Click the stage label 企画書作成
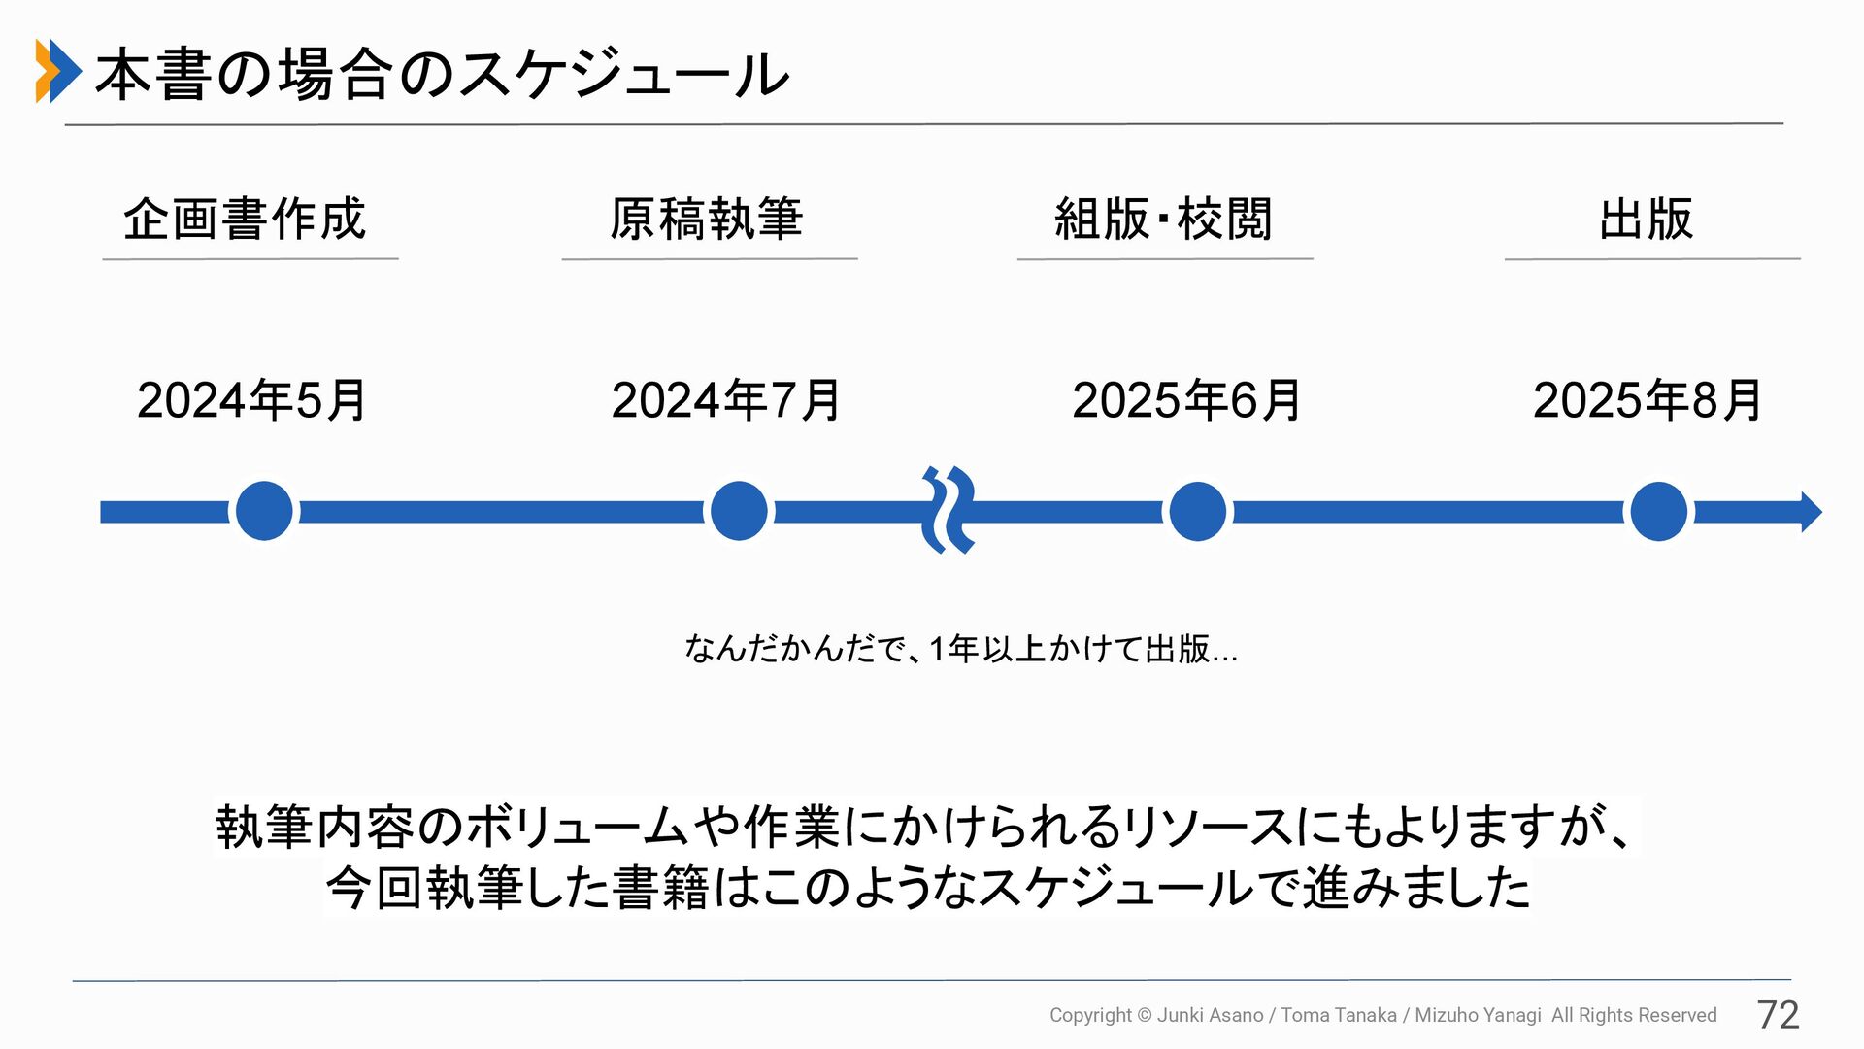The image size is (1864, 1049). [x=245, y=219]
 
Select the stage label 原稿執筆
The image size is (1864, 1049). [x=707, y=219]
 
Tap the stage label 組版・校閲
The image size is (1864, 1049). [x=1163, y=219]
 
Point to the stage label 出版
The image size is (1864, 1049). [x=1647, y=219]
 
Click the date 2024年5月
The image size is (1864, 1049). [x=251, y=400]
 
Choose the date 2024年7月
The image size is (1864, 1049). [x=725, y=400]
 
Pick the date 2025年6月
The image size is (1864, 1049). [x=1185, y=400]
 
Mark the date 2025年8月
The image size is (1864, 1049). [x=1647, y=400]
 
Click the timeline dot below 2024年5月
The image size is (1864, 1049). [x=264, y=511]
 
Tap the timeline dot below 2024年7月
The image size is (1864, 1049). [x=739, y=511]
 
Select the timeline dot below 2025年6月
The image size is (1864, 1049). [x=1197, y=511]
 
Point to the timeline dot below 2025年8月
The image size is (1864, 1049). [x=1658, y=511]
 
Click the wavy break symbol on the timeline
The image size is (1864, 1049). [x=948, y=510]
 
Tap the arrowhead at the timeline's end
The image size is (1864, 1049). [x=1810, y=512]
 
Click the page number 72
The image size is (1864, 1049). [x=1778, y=1015]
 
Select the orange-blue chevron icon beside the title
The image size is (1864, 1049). [x=57, y=71]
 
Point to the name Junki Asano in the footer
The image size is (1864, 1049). [x=1210, y=1015]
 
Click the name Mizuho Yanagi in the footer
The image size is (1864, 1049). [x=1478, y=1015]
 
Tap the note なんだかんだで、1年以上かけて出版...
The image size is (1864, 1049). [x=960, y=648]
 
